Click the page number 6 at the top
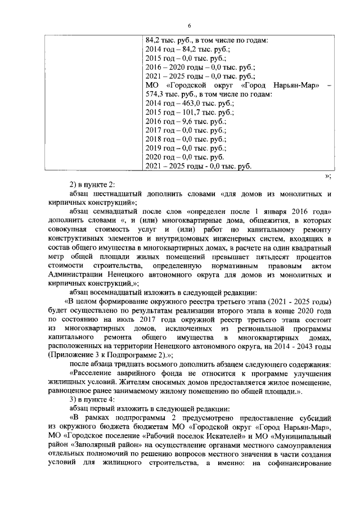pos(190,26)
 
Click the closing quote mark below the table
pos(328,175)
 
